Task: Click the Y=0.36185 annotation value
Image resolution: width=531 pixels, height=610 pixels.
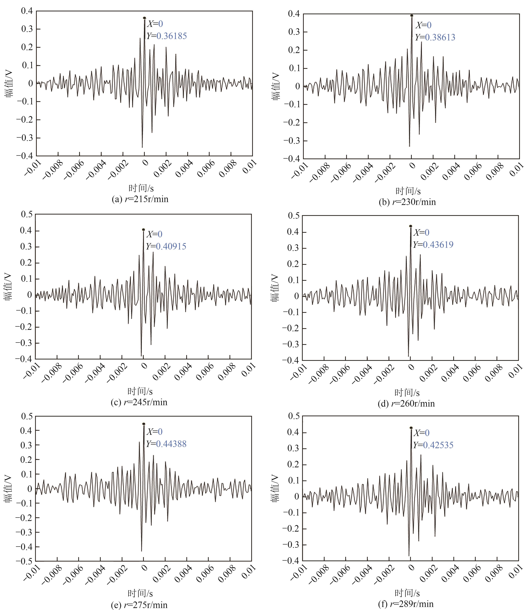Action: click(x=167, y=36)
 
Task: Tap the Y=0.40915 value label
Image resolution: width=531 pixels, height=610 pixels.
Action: click(x=166, y=247)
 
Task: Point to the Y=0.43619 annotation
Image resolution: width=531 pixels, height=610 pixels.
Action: click(x=433, y=245)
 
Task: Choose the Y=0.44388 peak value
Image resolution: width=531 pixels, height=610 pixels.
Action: click(x=166, y=444)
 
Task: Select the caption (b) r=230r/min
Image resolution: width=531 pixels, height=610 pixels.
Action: click(x=407, y=202)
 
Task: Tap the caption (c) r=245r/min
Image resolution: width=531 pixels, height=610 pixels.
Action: click(x=139, y=402)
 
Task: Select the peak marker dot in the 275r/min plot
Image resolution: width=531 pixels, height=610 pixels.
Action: click(x=144, y=424)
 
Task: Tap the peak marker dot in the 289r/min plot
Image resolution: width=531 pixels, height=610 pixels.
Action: click(x=411, y=428)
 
